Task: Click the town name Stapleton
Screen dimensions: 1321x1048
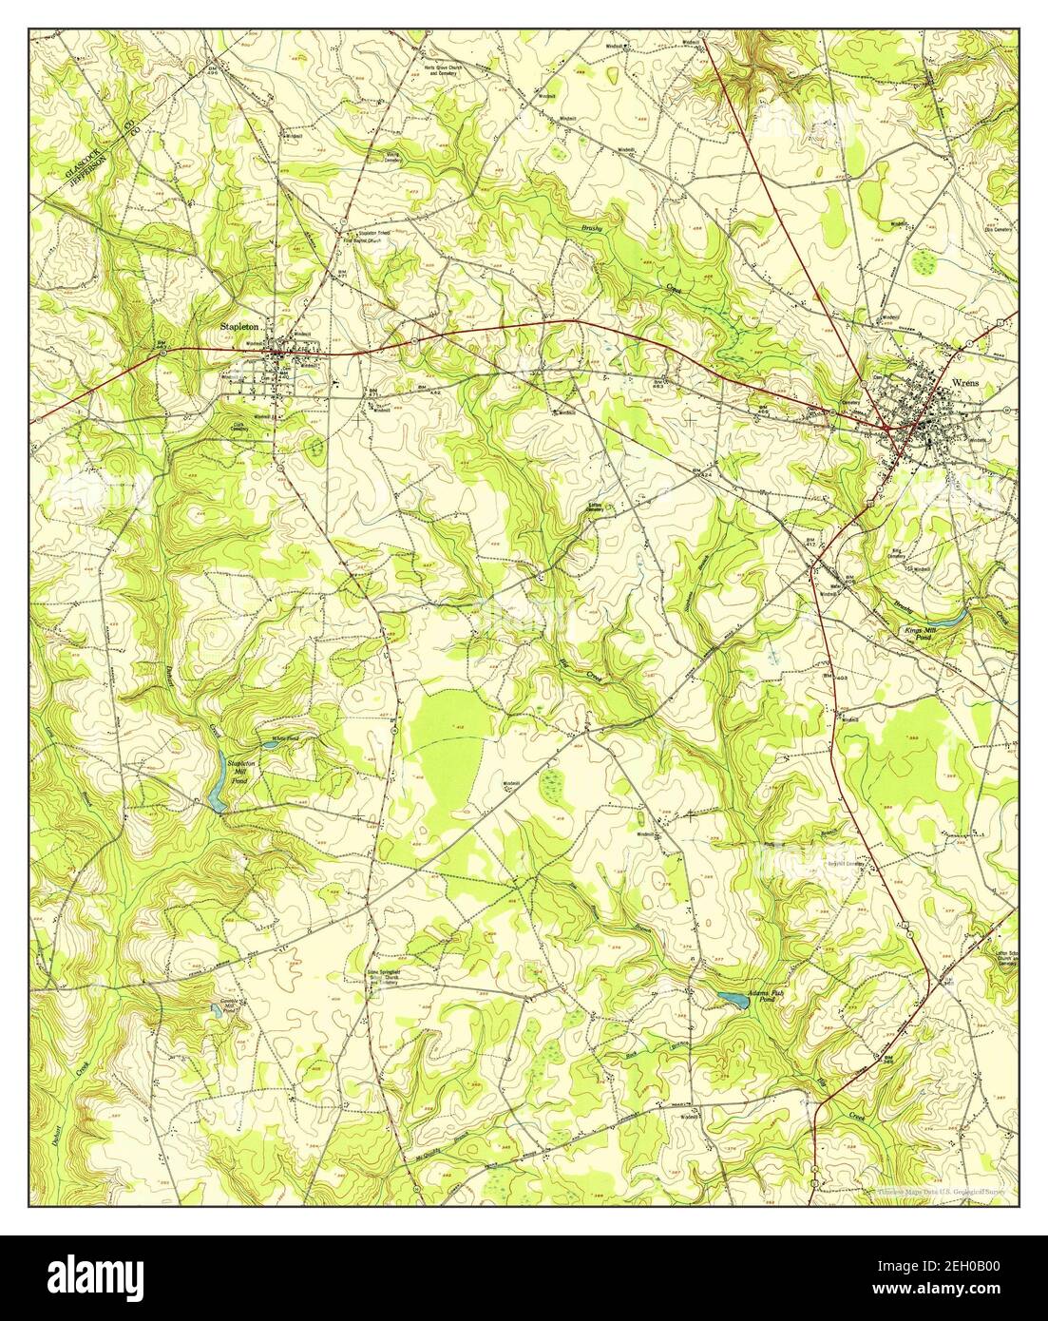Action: (x=239, y=326)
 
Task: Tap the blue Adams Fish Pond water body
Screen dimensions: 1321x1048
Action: (x=732, y=999)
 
